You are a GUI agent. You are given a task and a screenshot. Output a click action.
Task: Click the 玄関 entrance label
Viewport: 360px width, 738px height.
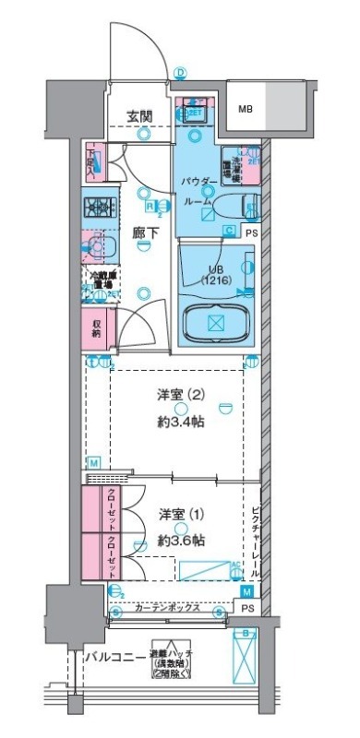(140, 116)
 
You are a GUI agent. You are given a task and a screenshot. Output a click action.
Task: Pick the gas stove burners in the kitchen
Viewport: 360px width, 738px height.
(98, 208)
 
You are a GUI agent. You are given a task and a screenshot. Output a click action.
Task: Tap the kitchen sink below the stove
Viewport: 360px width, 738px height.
(98, 247)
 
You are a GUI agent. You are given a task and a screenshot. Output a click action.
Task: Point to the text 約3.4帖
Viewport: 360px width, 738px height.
(181, 423)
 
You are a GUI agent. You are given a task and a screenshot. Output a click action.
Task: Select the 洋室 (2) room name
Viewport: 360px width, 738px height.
(181, 396)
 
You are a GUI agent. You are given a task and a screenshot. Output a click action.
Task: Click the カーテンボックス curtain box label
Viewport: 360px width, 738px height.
(166, 610)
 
